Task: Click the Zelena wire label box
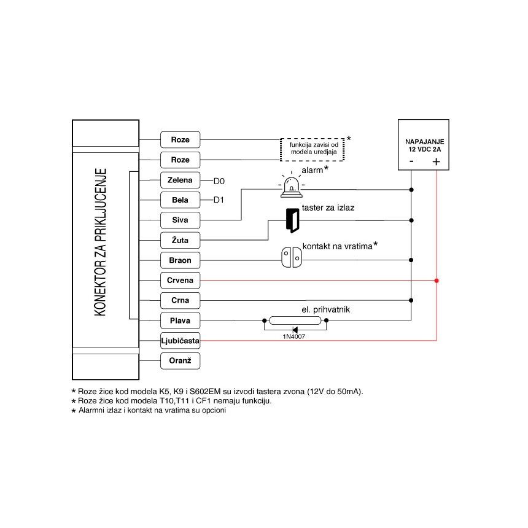pos(180,180)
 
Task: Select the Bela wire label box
pos(180,200)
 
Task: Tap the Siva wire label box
pos(180,220)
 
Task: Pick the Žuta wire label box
pos(180,240)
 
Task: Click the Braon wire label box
pos(180,260)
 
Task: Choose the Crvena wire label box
pos(180,281)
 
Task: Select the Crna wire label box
pos(180,300)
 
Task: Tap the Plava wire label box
pos(180,320)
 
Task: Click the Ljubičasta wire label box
pos(180,340)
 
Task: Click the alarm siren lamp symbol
pos(290,187)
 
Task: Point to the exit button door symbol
pos(292,220)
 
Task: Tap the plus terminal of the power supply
pos(436,162)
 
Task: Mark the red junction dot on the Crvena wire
pos(436,281)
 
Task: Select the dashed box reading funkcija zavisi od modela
pos(313,149)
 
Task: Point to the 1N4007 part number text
pos(293,337)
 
